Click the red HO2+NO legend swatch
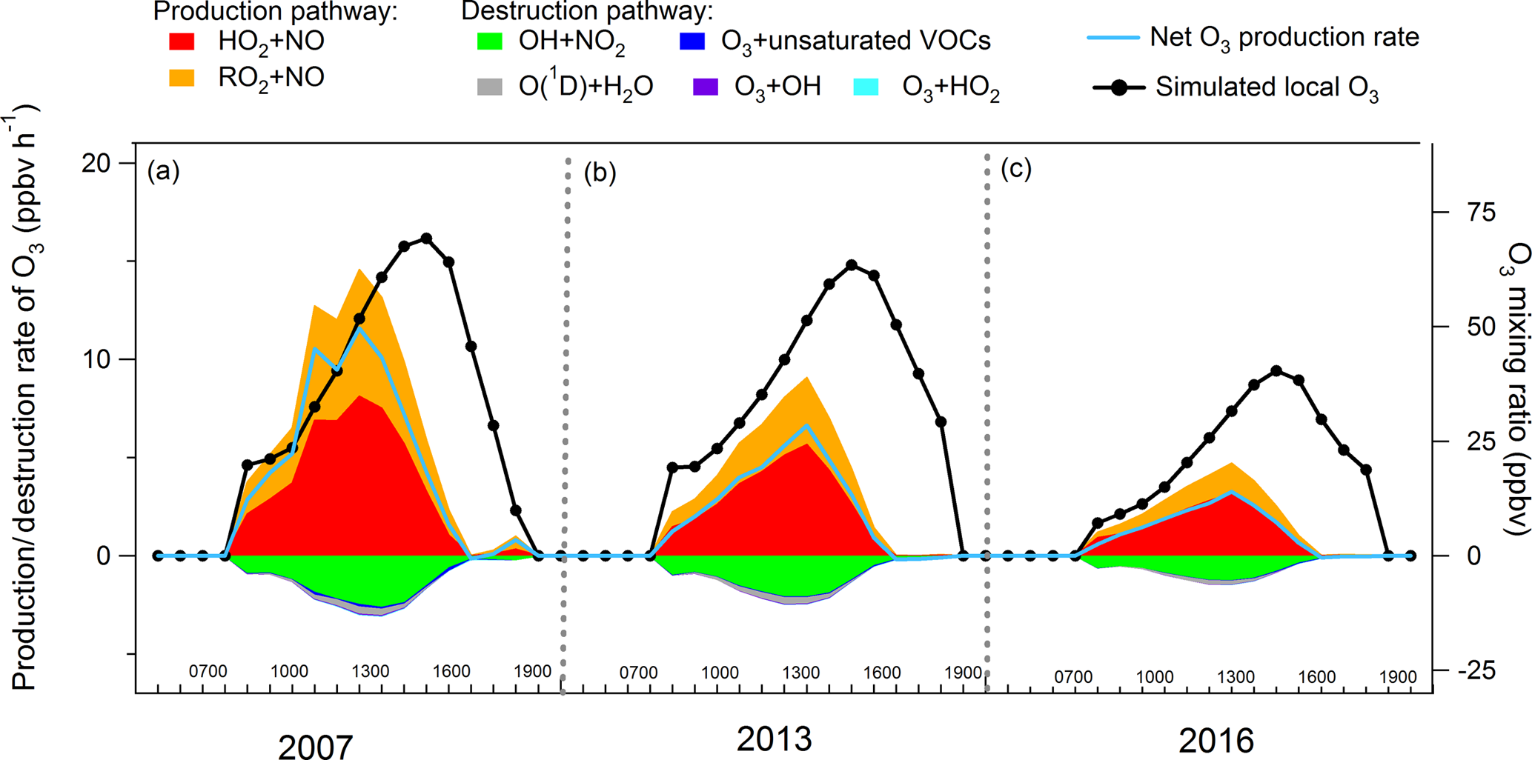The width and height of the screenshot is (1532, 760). (182, 41)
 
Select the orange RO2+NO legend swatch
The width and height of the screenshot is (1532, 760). (182, 78)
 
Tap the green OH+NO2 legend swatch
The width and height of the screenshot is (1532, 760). (489, 41)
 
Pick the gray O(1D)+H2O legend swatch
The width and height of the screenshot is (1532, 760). (489, 87)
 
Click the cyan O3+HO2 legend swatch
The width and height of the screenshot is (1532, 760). (866, 87)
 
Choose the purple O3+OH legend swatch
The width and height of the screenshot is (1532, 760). (705, 87)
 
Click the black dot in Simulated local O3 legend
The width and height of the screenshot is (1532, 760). (1119, 87)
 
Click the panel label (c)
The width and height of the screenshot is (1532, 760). (1016, 170)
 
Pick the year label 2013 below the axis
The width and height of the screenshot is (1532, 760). (774, 739)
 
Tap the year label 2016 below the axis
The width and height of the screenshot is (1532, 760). (1216, 741)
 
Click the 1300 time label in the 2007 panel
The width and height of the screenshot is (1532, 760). (371, 671)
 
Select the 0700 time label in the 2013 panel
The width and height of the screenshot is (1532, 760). (638, 673)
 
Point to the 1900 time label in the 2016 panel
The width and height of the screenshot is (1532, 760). (1398, 677)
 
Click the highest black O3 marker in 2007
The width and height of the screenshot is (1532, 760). (426, 239)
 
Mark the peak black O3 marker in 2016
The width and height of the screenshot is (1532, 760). (1276, 371)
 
